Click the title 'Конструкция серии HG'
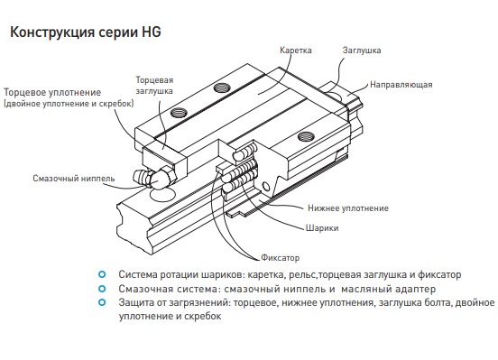coord(86,32)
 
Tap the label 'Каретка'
coord(296,51)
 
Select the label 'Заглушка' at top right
coord(362,51)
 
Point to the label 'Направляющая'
coord(401,85)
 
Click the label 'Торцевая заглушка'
coord(154,85)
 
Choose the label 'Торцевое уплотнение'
coord(52,92)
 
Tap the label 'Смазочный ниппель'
coord(74,179)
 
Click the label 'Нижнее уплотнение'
coord(348,208)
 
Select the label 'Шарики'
coord(322,228)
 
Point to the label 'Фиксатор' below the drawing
coord(280,257)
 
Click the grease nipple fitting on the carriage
coord(154,179)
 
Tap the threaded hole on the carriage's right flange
coord(307,136)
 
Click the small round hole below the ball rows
coord(265,187)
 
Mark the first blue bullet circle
coord(102,274)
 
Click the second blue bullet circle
coord(102,289)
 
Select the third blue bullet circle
coord(102,302)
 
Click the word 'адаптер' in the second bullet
coord(415,289)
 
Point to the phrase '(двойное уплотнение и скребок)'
coord(69,104)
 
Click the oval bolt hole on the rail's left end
coord(162,194)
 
